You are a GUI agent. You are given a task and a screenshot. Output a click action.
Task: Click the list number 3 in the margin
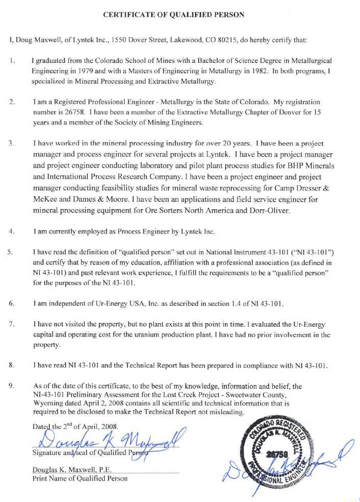[12, 144]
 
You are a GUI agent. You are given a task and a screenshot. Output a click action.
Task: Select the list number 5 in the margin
[10, 252]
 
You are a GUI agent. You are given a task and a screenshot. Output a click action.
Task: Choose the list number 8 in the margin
[11, 365]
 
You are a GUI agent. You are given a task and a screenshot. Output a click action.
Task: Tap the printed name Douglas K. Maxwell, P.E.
[73, 469]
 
